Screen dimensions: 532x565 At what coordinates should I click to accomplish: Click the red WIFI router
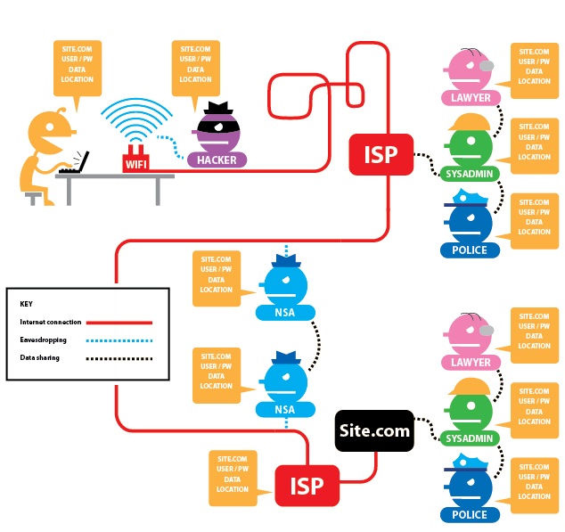(136, 163)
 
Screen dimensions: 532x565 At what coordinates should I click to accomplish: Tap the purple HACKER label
(217, 160)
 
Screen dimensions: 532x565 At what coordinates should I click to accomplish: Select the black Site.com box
(374, 431)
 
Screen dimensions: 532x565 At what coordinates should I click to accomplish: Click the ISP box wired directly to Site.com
(306, 486)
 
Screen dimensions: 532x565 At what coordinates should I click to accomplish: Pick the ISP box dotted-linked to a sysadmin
(381, 154)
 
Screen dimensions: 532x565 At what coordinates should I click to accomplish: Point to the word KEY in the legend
(26, 303)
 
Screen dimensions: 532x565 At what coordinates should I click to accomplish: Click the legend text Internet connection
(51, 322)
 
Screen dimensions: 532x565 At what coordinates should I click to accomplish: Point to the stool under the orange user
(34, 194)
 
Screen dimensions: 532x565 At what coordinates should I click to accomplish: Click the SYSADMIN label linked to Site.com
(469, 438)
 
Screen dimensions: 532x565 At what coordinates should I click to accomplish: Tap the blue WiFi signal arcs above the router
(135, 120)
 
